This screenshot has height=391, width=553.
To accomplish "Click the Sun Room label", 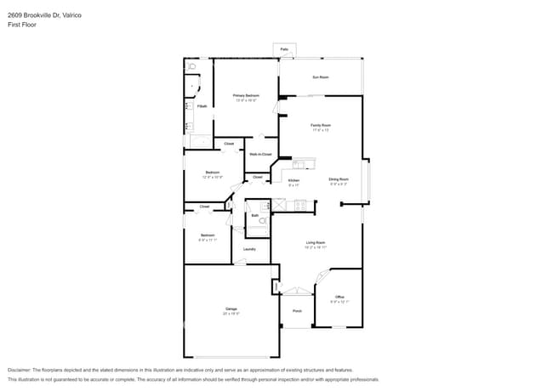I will tap(320, 77).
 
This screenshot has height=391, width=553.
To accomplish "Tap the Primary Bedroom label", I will tap(246, 96).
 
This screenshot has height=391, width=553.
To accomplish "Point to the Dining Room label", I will tap(339, 179).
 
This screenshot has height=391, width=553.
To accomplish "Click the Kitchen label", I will tap(294, 180).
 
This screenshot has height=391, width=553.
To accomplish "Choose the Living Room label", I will tap(316, 244).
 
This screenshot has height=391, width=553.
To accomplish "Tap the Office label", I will tap(339, 297).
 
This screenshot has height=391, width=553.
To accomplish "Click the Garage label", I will tap(231, 309).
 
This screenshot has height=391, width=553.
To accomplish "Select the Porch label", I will tap(298, 310).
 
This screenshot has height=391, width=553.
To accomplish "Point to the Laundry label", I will tap(249, 249).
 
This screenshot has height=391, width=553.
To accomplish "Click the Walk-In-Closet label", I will tap(260, 154).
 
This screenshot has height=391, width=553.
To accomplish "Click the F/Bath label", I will tap(202, 106).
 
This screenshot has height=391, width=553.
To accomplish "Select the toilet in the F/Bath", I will tap(192, 65).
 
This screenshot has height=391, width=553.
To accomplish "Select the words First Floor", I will tap(22, 25).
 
